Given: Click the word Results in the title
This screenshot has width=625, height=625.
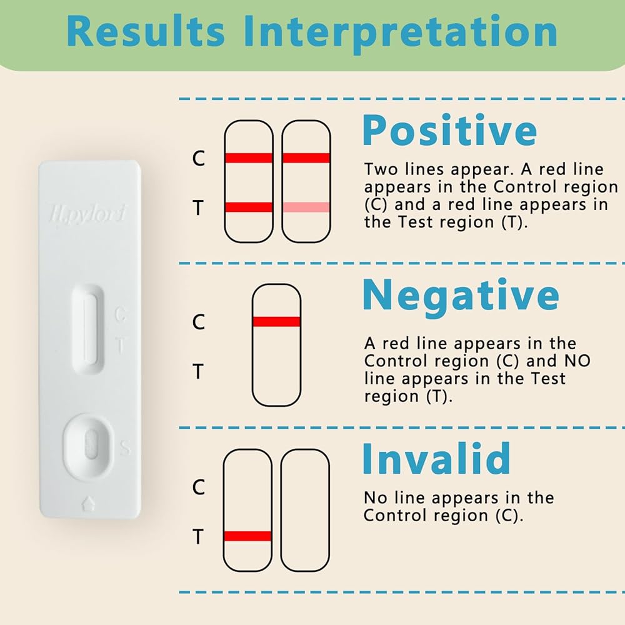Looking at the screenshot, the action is (146, 31).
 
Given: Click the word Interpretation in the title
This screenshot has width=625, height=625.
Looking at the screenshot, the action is (400, 34).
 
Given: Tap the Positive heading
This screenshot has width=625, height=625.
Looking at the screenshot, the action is (449, 131).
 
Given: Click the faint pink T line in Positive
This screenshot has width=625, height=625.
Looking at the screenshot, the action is (306, 207).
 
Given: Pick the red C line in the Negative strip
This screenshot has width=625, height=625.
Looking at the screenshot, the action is (276, 322).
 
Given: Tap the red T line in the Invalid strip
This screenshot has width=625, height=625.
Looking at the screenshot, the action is (247, 536).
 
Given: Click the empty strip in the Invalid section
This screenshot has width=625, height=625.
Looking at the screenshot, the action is (306, 510).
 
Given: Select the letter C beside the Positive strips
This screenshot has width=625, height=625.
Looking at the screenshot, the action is (199, 158).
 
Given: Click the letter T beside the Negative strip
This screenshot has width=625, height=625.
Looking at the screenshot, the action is (199, 371).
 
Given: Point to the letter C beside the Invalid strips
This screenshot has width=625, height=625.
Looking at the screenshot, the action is (199, 487).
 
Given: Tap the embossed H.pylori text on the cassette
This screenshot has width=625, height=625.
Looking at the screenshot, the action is (88, 213).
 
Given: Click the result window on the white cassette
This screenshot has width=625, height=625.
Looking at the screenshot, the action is (88, 329).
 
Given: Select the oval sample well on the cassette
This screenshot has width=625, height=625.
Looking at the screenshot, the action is (88, 444).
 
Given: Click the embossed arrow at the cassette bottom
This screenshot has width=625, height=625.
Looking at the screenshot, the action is (88, 503).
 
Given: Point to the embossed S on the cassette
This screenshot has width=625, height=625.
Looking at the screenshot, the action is (125, 448).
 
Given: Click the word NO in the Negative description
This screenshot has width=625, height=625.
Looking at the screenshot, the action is (577, 361).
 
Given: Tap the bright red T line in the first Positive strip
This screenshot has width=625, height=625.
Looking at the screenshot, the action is (248, 207).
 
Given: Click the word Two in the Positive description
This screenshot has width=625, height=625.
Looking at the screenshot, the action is (381, 169).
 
